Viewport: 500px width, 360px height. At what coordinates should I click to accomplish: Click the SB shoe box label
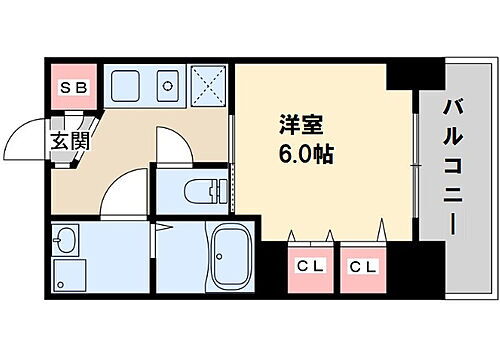pyautogui.click(x=74, y=87)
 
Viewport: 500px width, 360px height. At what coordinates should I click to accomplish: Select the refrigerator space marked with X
pyautogui.click(x=207, y=87)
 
